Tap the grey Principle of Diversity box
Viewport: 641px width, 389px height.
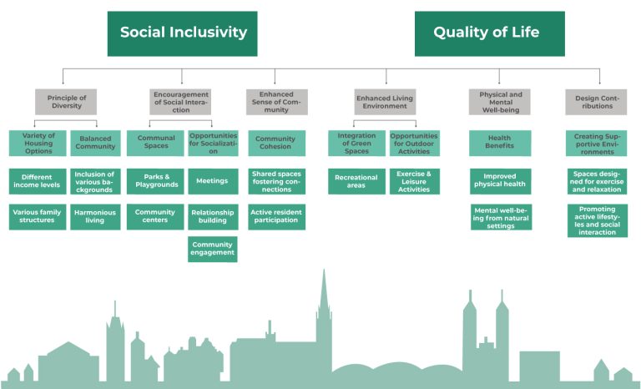coord(66,101)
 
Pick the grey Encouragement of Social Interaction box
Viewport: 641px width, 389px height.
coord(180,101)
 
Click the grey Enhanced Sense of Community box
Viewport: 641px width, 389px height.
coord(275,101)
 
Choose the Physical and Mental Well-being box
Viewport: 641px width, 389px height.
coord(500,101)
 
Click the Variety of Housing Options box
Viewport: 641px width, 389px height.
coord(38,142)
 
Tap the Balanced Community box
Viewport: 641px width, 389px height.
coord(94,142)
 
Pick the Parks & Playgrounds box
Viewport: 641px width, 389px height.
coord(155,180)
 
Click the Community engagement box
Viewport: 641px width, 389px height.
coord(212,249)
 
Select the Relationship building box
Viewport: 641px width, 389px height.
coord(212,217)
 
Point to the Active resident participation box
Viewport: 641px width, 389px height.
coord(276,217)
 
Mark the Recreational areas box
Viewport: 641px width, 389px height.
coord(356,181)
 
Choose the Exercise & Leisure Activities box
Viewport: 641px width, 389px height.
coord(414,180)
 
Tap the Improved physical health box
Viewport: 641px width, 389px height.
coord(500,181)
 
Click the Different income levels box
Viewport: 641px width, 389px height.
coord(38,180)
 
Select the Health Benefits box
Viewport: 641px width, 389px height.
coord(500,142)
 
